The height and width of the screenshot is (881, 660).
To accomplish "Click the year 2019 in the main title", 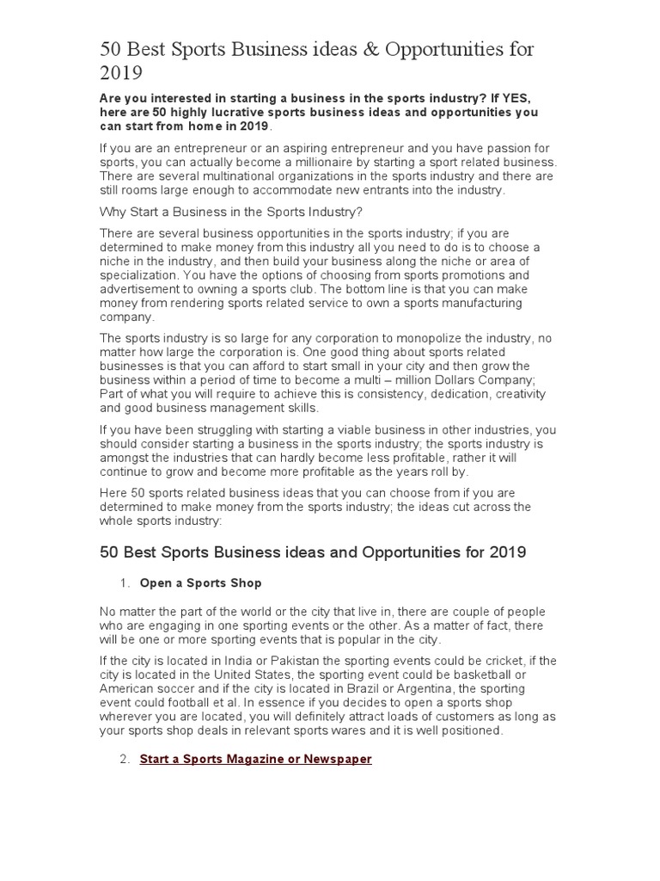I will click(121, 74).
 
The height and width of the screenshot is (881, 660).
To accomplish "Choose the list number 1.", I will click(124, 583).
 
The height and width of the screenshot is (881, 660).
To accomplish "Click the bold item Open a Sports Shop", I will click(200, 583).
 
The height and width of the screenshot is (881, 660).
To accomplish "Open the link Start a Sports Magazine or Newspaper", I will click(255, 759).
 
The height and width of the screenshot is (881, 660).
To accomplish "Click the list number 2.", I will click(124, 759).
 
